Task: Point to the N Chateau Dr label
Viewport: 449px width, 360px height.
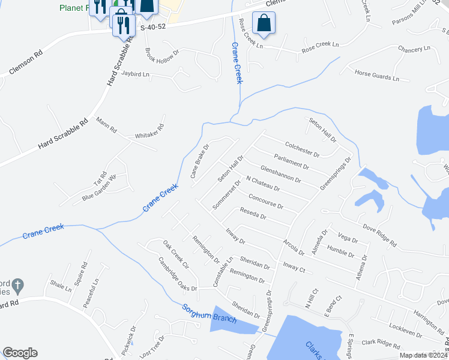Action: tap(264, 186)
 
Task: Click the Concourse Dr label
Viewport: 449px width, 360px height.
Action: tap(265, 201)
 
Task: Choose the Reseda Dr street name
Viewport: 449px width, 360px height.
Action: tap(253, 214)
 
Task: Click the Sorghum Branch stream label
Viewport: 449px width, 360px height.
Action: tap(209, 313)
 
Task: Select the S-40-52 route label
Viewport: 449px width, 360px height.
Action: tap(152, 28)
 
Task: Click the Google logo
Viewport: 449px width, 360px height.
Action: tap(20, 353)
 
